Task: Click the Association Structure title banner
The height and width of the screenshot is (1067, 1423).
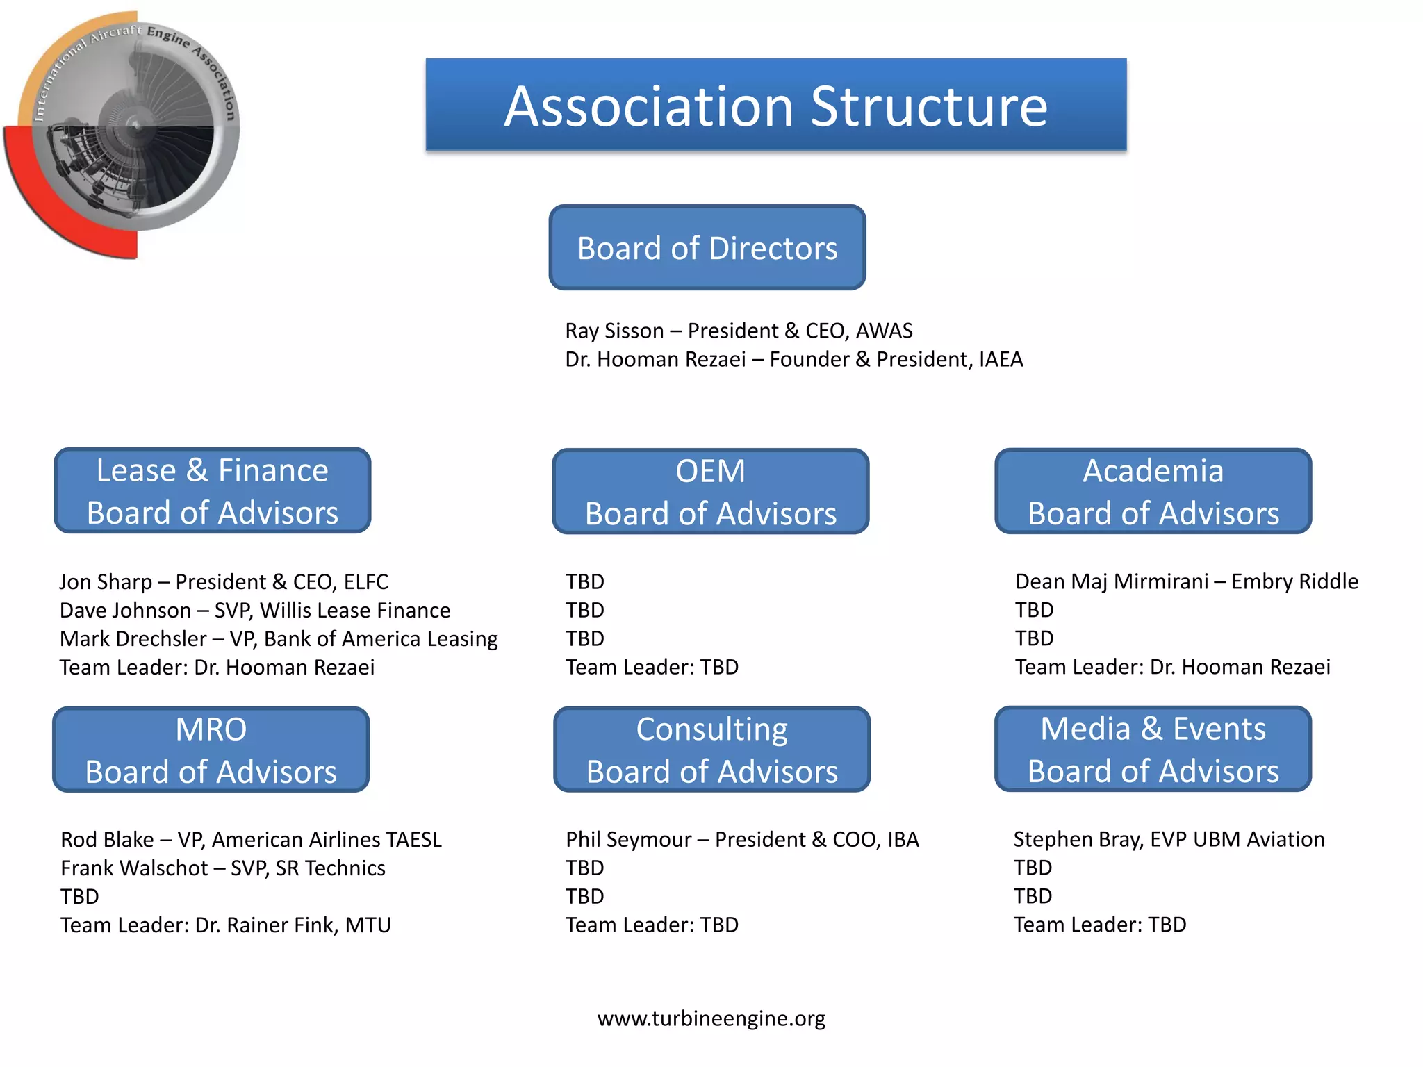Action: pos(775,105)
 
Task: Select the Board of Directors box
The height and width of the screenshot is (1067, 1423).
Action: pos(707,247)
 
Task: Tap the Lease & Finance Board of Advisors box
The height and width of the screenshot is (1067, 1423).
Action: pos(212,490)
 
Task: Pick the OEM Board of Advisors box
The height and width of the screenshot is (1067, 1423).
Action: pos(710,491)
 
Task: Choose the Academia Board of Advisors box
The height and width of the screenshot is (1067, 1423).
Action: pos(1153,491)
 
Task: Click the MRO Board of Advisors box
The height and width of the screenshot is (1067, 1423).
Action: pos(211,750)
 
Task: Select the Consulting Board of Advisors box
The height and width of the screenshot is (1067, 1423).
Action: pos(711,750)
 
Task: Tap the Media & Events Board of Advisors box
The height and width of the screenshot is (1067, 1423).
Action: pos(1153,749)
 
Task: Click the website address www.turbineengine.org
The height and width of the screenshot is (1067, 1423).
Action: pos(711,1018)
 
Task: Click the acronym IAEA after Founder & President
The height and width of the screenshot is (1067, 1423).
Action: pos(1001,359)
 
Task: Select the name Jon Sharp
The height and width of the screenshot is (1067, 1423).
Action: pos(106,581)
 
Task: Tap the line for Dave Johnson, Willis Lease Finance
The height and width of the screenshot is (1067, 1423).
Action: pos(255,610)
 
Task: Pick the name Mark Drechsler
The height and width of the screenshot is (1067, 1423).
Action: pos(133,638)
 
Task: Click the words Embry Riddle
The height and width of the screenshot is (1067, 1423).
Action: pos(1294,581)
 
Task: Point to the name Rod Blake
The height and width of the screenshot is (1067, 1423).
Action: pos(107,839)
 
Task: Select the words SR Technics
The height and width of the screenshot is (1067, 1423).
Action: pos(330,868)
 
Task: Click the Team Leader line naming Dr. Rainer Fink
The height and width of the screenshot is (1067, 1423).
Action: pos(225,925)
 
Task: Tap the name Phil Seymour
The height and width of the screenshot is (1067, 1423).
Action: pos(628,839)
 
